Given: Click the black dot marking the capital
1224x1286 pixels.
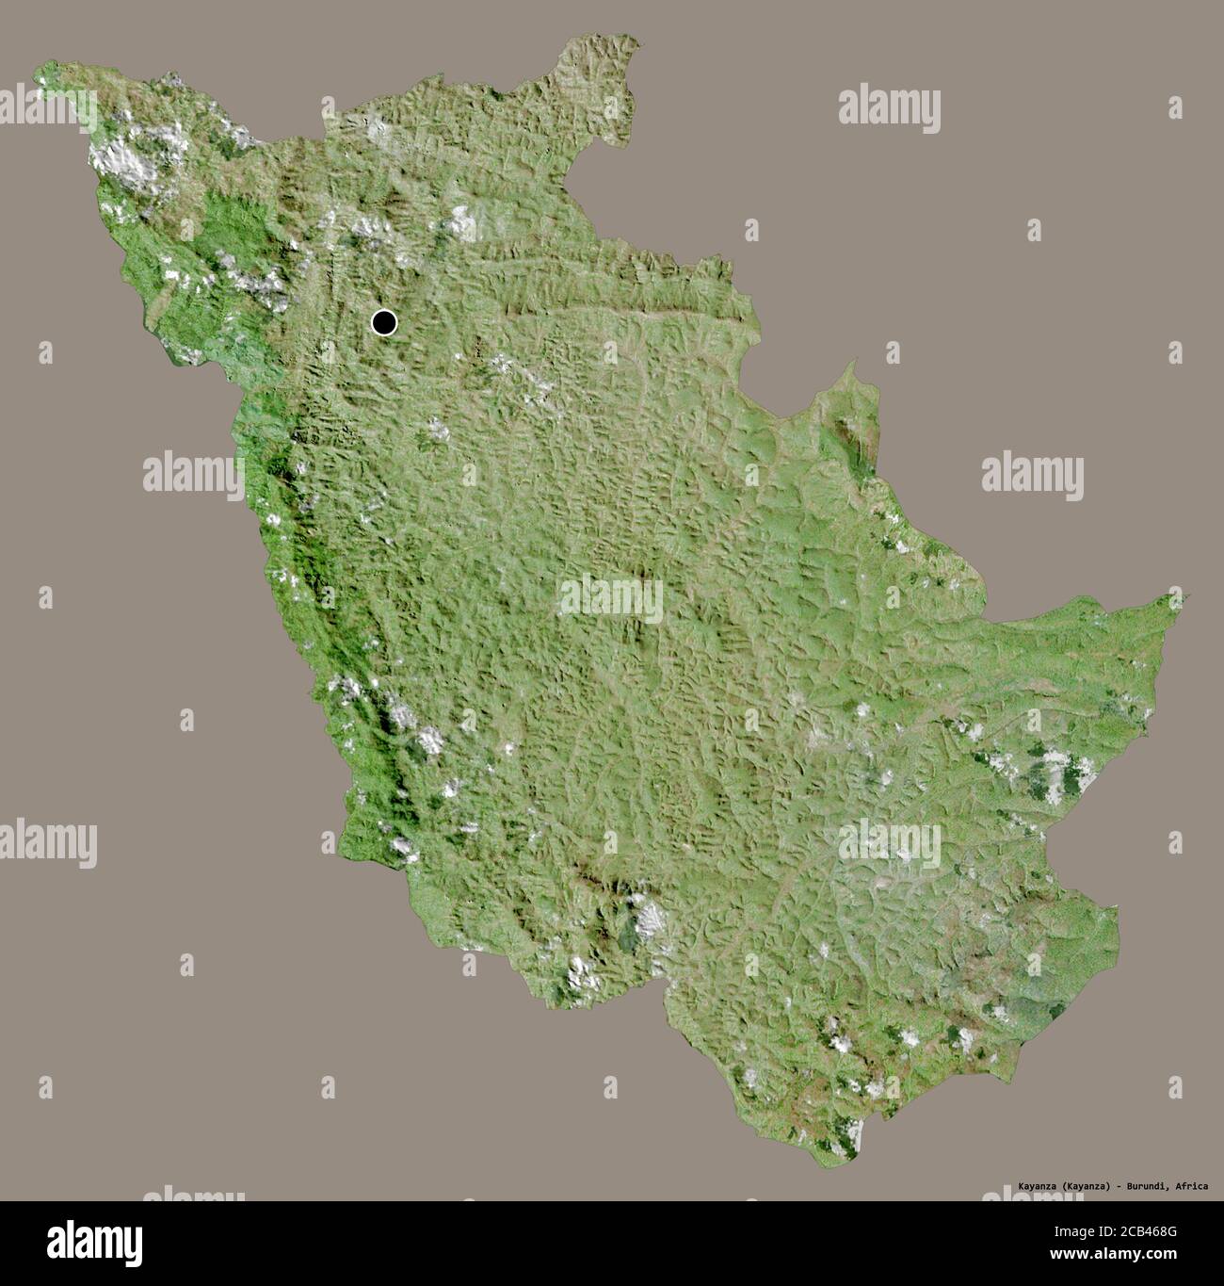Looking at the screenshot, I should (x=384, y=323).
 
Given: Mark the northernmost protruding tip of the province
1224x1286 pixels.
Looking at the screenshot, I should (x=621, y=40).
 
